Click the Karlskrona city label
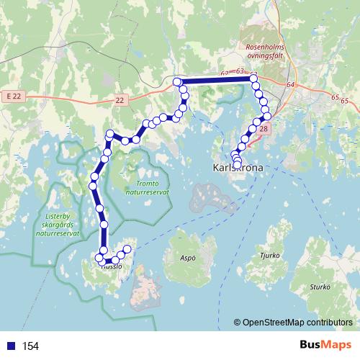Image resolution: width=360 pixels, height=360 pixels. (x=240, y=168)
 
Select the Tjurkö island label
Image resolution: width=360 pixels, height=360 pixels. (x=269, y=253)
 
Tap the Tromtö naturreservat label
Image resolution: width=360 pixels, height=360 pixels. (x=147, y=188)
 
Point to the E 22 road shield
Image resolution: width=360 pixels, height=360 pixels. (x=12, y=96)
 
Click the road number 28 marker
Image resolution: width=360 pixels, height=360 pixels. (x=264, y=129)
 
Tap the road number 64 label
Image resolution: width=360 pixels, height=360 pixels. (x=290, y=85)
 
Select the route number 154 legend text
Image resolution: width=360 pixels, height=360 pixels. (x=30, y=346)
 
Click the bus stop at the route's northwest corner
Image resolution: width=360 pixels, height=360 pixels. (x=177, y=82)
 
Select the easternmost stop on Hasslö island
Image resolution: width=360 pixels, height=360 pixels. (x=128, y=249)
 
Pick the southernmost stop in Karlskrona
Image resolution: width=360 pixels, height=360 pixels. (x=237, y=165)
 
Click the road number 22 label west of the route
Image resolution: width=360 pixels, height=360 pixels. (x=120, y=100)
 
